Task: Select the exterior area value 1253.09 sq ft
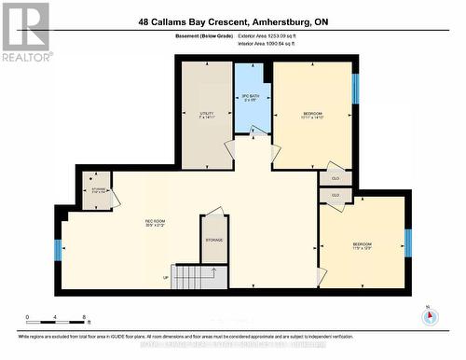(299, 35)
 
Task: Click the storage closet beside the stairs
(214, 240)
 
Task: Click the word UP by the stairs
(166, 277)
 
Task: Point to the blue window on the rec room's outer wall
(58, 250)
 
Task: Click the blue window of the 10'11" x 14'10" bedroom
(354, 89)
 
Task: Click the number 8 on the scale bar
(85, 318)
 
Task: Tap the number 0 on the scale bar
(28, 318)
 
